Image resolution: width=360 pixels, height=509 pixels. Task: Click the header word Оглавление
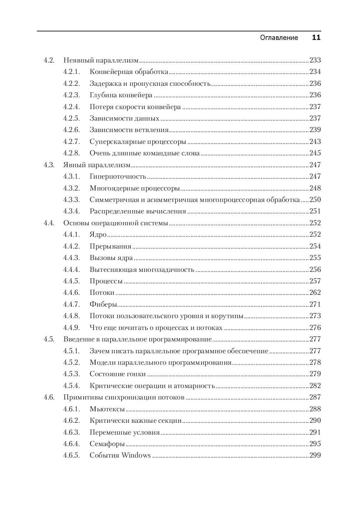[279, 38]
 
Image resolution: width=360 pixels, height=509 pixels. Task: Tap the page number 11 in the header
[316, 38]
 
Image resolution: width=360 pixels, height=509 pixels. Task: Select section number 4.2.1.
[71, 72]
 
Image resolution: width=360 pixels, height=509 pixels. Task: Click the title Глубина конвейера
[121, 95]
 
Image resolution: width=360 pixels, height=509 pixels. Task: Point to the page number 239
[315, 130]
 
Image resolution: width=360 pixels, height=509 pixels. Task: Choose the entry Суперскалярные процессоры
[137, 142]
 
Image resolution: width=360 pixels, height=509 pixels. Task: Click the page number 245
[315, 153]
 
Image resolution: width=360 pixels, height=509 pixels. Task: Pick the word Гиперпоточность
[118, 176]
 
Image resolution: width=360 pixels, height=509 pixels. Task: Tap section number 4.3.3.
[71, 200]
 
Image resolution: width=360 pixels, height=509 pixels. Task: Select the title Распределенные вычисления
[137, 211]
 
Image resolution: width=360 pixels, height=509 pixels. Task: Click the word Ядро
[98, 235]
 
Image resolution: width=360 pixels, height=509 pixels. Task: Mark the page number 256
[315, 270]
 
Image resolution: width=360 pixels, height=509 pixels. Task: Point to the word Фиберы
[103, 304]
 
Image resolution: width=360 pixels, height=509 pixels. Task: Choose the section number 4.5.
[49, 339]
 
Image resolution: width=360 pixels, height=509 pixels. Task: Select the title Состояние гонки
[118, 374]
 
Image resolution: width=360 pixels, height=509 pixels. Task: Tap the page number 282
[315, 386]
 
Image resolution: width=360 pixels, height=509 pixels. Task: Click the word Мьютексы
[107, 409]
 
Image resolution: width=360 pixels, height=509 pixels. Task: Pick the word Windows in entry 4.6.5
[136, 455]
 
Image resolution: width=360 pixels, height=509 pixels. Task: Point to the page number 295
[315, 444]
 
